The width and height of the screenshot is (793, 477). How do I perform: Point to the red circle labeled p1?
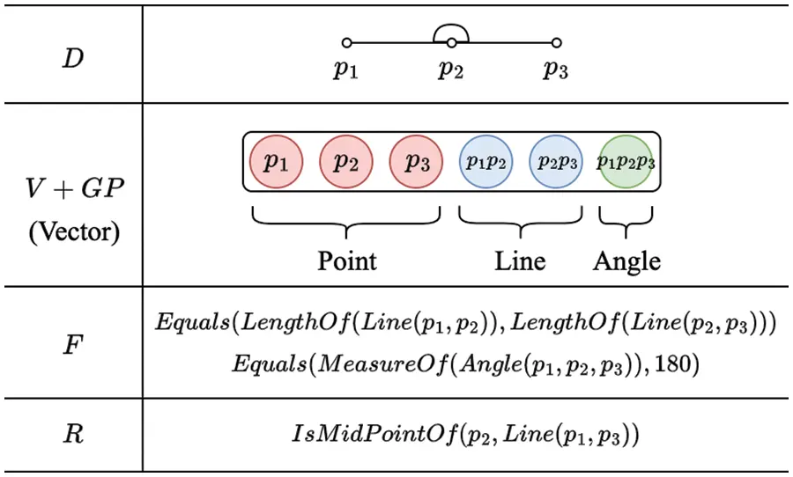(x=277, y=162)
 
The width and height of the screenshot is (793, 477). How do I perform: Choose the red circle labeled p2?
(x=346, y=162)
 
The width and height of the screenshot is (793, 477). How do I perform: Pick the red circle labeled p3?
(x=416, y=162)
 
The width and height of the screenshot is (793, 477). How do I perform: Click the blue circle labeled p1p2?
(x=485, y=162)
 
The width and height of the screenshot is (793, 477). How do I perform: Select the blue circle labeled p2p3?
(x=555, y=162)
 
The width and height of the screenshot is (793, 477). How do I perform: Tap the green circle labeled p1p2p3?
(x=626, y=162)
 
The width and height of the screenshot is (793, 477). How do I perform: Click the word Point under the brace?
(x=346, y=261)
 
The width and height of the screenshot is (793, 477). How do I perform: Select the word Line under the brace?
(x=520, y=261)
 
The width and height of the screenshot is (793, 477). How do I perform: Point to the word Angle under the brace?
(x=626, y=261)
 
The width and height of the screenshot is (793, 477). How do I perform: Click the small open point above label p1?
(x=346, y=42)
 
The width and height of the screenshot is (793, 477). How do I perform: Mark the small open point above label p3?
(x=556, y=42)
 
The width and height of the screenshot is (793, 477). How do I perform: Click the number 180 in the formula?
(x=682, y=364)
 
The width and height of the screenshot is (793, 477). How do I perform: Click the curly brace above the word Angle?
(x=626, y=220)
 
